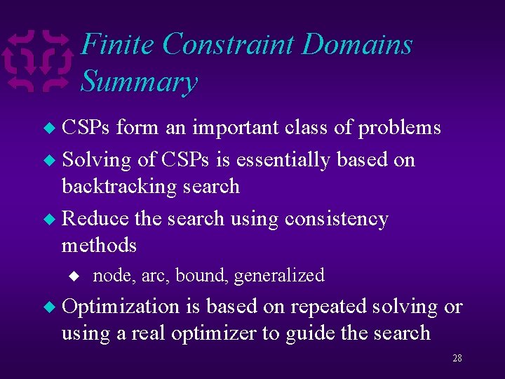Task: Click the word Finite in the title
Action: point(118,45)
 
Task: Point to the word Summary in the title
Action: point(139,81)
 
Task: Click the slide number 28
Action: point(457,358)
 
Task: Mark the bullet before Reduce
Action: point(49,220)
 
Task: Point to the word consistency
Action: point(336,219)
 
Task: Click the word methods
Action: point(99,245)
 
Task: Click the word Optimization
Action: point(121,307)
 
